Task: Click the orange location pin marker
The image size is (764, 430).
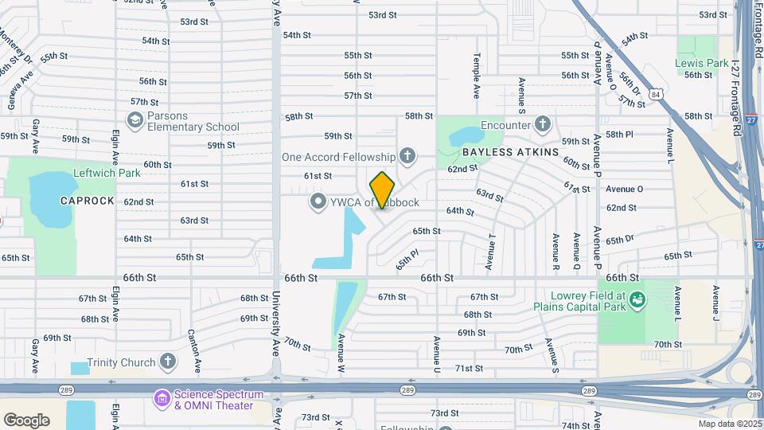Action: click(383, 190)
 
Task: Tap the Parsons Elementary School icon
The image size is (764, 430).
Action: click(135, 120)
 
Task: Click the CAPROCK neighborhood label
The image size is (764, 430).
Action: click(88, 201)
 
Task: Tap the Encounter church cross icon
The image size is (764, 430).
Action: click(543, 124)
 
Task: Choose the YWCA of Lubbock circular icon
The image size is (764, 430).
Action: click(318, 201)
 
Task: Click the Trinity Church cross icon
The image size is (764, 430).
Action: click(167, 362)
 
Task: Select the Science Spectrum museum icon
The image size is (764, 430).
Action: click(162, 397)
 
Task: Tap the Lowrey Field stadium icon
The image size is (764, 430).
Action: click(637, 299)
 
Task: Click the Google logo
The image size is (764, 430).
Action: click(26, 420)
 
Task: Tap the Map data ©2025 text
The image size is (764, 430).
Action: click(729, 423)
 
